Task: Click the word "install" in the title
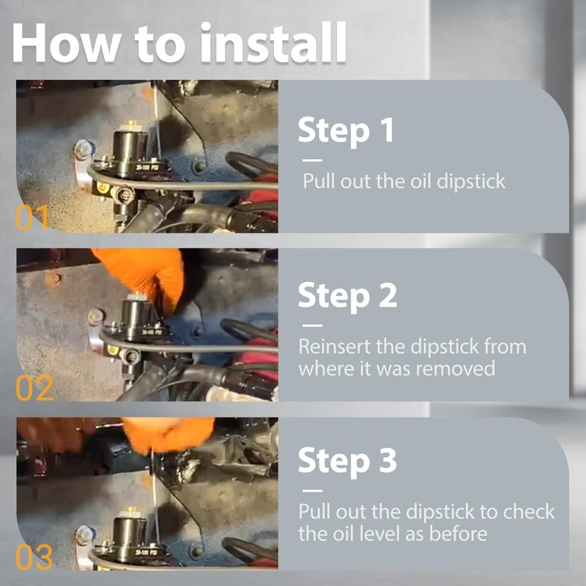point(273,42)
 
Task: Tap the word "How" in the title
point(66,43)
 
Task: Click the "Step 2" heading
point(347,296)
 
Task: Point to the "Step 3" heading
point(347,461)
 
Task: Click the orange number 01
point(32,218)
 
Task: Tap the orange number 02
point(34,388)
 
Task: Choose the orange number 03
point(34,557)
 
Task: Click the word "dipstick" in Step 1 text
point(471,182)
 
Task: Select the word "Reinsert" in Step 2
point(335,346)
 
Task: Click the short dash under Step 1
point(313,160)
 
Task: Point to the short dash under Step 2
point(313,325)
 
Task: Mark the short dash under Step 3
point(313,491)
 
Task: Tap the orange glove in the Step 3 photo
point(168,434)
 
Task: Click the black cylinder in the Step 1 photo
point(131,152)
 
